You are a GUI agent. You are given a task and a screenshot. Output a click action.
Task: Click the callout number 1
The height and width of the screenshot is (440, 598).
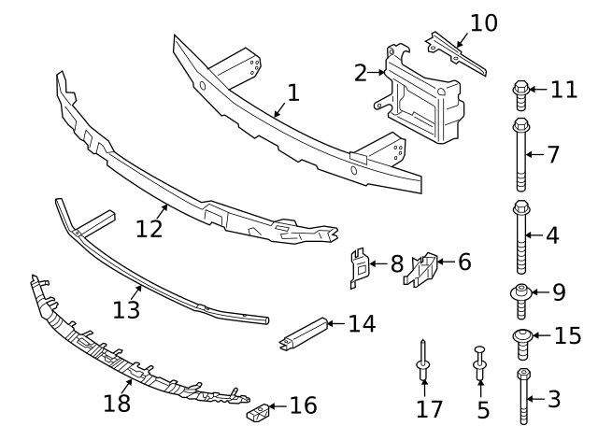click(292, 93)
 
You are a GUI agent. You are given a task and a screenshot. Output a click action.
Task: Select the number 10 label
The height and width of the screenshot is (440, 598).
click(483, 21)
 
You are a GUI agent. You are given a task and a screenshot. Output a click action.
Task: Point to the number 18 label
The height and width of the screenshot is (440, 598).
click(118, 403)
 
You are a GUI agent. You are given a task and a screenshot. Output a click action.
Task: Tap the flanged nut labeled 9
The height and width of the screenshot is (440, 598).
click(521, 296)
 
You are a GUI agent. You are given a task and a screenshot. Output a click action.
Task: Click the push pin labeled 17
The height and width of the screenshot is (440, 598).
click(423, 361)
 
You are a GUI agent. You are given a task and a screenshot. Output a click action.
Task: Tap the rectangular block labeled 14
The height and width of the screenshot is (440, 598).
click(304, 334)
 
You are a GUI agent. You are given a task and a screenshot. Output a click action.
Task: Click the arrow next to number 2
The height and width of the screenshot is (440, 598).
click(379, 71)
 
